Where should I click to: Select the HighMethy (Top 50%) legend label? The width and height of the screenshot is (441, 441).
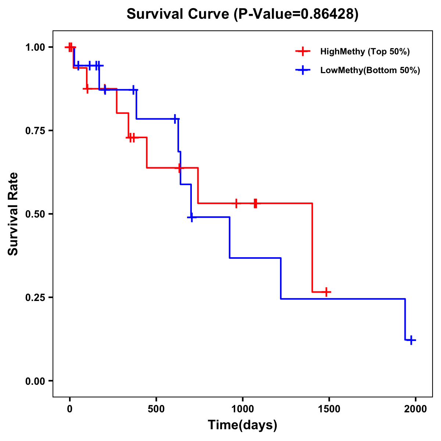coord(365,51)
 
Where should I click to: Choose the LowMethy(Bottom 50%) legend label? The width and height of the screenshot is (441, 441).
coord(370,70)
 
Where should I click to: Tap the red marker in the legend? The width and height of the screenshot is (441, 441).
coord(302,51)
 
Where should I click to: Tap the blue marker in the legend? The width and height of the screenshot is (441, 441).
coord(302,70)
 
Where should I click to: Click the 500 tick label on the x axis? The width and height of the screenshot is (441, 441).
coord(156,409)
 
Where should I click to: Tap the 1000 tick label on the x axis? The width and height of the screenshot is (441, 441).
coord(243,409)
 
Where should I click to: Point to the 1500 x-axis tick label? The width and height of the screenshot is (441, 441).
coord(329,409)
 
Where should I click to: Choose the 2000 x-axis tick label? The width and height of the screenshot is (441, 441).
coord(416,409)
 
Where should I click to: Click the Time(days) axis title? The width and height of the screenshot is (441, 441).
coord(243,425)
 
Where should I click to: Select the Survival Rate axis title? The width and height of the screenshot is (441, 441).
coord(13,214)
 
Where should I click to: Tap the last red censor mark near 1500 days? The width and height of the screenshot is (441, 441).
coord(326,292)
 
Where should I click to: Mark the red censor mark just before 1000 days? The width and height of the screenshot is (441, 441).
coord(236,203)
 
